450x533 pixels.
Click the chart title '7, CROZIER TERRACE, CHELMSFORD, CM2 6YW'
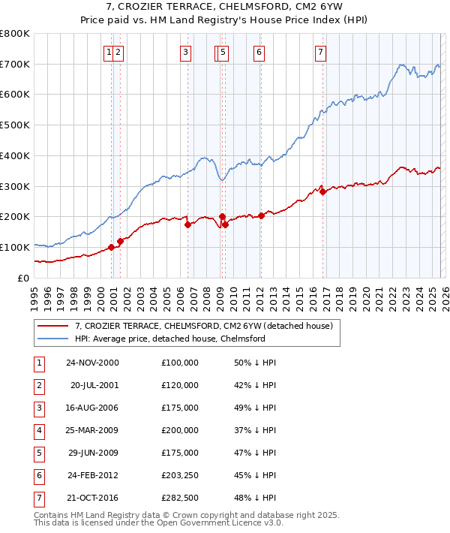[x=224, y=7]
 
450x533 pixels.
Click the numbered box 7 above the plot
[x=320, y=52]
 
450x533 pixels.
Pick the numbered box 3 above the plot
[x=184, y=52]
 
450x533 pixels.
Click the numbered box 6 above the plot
[x=258, y=52]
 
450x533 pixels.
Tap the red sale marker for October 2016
[x=322, y=191]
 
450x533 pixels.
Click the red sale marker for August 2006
[x=187, y=224]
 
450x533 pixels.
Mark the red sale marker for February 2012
[x=261, y=215]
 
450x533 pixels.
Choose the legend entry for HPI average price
[x=169, y=339]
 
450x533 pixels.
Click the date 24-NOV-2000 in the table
[x=92, y=363]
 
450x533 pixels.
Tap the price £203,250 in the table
[x=180, y=475]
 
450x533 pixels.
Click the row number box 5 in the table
[x=37, y=453]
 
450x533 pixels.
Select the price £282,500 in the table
[x=180, y=498]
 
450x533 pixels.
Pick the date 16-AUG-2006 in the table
[x=92, y=408]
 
